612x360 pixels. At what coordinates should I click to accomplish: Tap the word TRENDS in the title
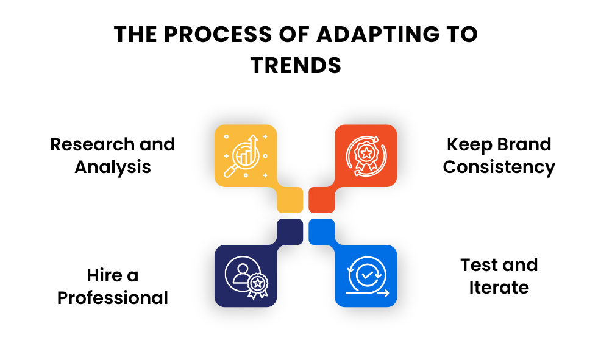296,65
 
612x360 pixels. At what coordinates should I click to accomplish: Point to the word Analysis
113,167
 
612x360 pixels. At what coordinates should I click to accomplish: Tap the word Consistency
499,167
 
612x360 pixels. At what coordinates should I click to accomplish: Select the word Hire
104,275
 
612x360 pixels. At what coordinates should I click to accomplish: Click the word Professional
113,298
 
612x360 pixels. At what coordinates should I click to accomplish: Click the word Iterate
499,287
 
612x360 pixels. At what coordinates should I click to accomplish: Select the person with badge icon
246,276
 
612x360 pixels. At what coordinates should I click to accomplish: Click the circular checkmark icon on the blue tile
366,276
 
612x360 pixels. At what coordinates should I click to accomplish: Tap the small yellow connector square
290,200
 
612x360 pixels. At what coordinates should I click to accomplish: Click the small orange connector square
321,200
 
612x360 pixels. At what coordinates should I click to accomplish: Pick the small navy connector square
290,232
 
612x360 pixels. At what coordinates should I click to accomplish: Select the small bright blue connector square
321,232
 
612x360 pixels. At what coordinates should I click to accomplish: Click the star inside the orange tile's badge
366,150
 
